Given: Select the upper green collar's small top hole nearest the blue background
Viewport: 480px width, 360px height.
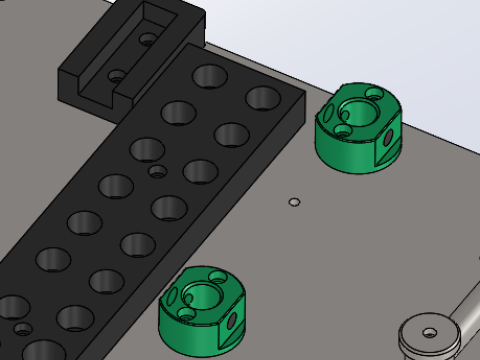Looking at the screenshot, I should click(x=375, y=94).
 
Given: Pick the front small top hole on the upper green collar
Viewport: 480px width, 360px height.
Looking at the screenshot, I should click(x=342, y=129).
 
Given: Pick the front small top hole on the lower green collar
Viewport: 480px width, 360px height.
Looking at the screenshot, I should click(x=186, y=314).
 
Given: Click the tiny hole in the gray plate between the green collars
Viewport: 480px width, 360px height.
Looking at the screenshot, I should click(x=293, y=202).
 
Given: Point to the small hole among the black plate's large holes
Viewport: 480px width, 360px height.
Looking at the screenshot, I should click(x=155, y=171).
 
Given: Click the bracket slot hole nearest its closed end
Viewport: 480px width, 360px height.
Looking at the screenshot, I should click(x=148, y=39).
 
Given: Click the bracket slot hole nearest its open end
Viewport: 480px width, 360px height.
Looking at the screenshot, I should click(x=116, y=75).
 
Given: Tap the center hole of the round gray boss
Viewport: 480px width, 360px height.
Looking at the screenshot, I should click(x=429, y=331).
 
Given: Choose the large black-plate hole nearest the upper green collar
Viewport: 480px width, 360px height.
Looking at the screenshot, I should click(x=263, y=98).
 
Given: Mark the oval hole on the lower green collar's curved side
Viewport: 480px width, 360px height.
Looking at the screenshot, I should click(x=171, y=296).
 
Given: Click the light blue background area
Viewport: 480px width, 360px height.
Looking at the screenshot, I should click(x=400, y=40).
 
